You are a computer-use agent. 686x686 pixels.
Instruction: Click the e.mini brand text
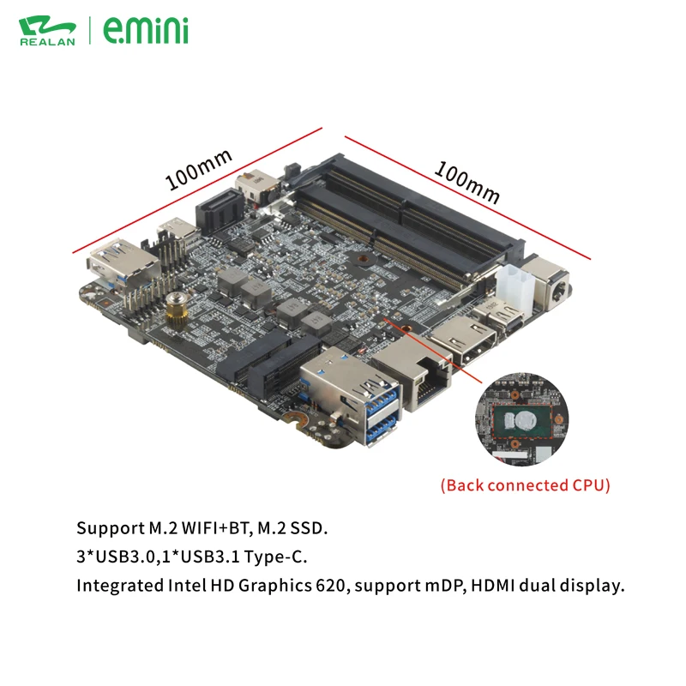click(145, 30)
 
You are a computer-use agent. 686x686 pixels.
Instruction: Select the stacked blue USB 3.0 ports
click(378, 410)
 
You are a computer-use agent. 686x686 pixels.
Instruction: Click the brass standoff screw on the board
click(178, 310)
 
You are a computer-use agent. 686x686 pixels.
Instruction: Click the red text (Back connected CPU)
click(526, 485)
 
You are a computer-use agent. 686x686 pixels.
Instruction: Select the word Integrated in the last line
click(114, 587)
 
